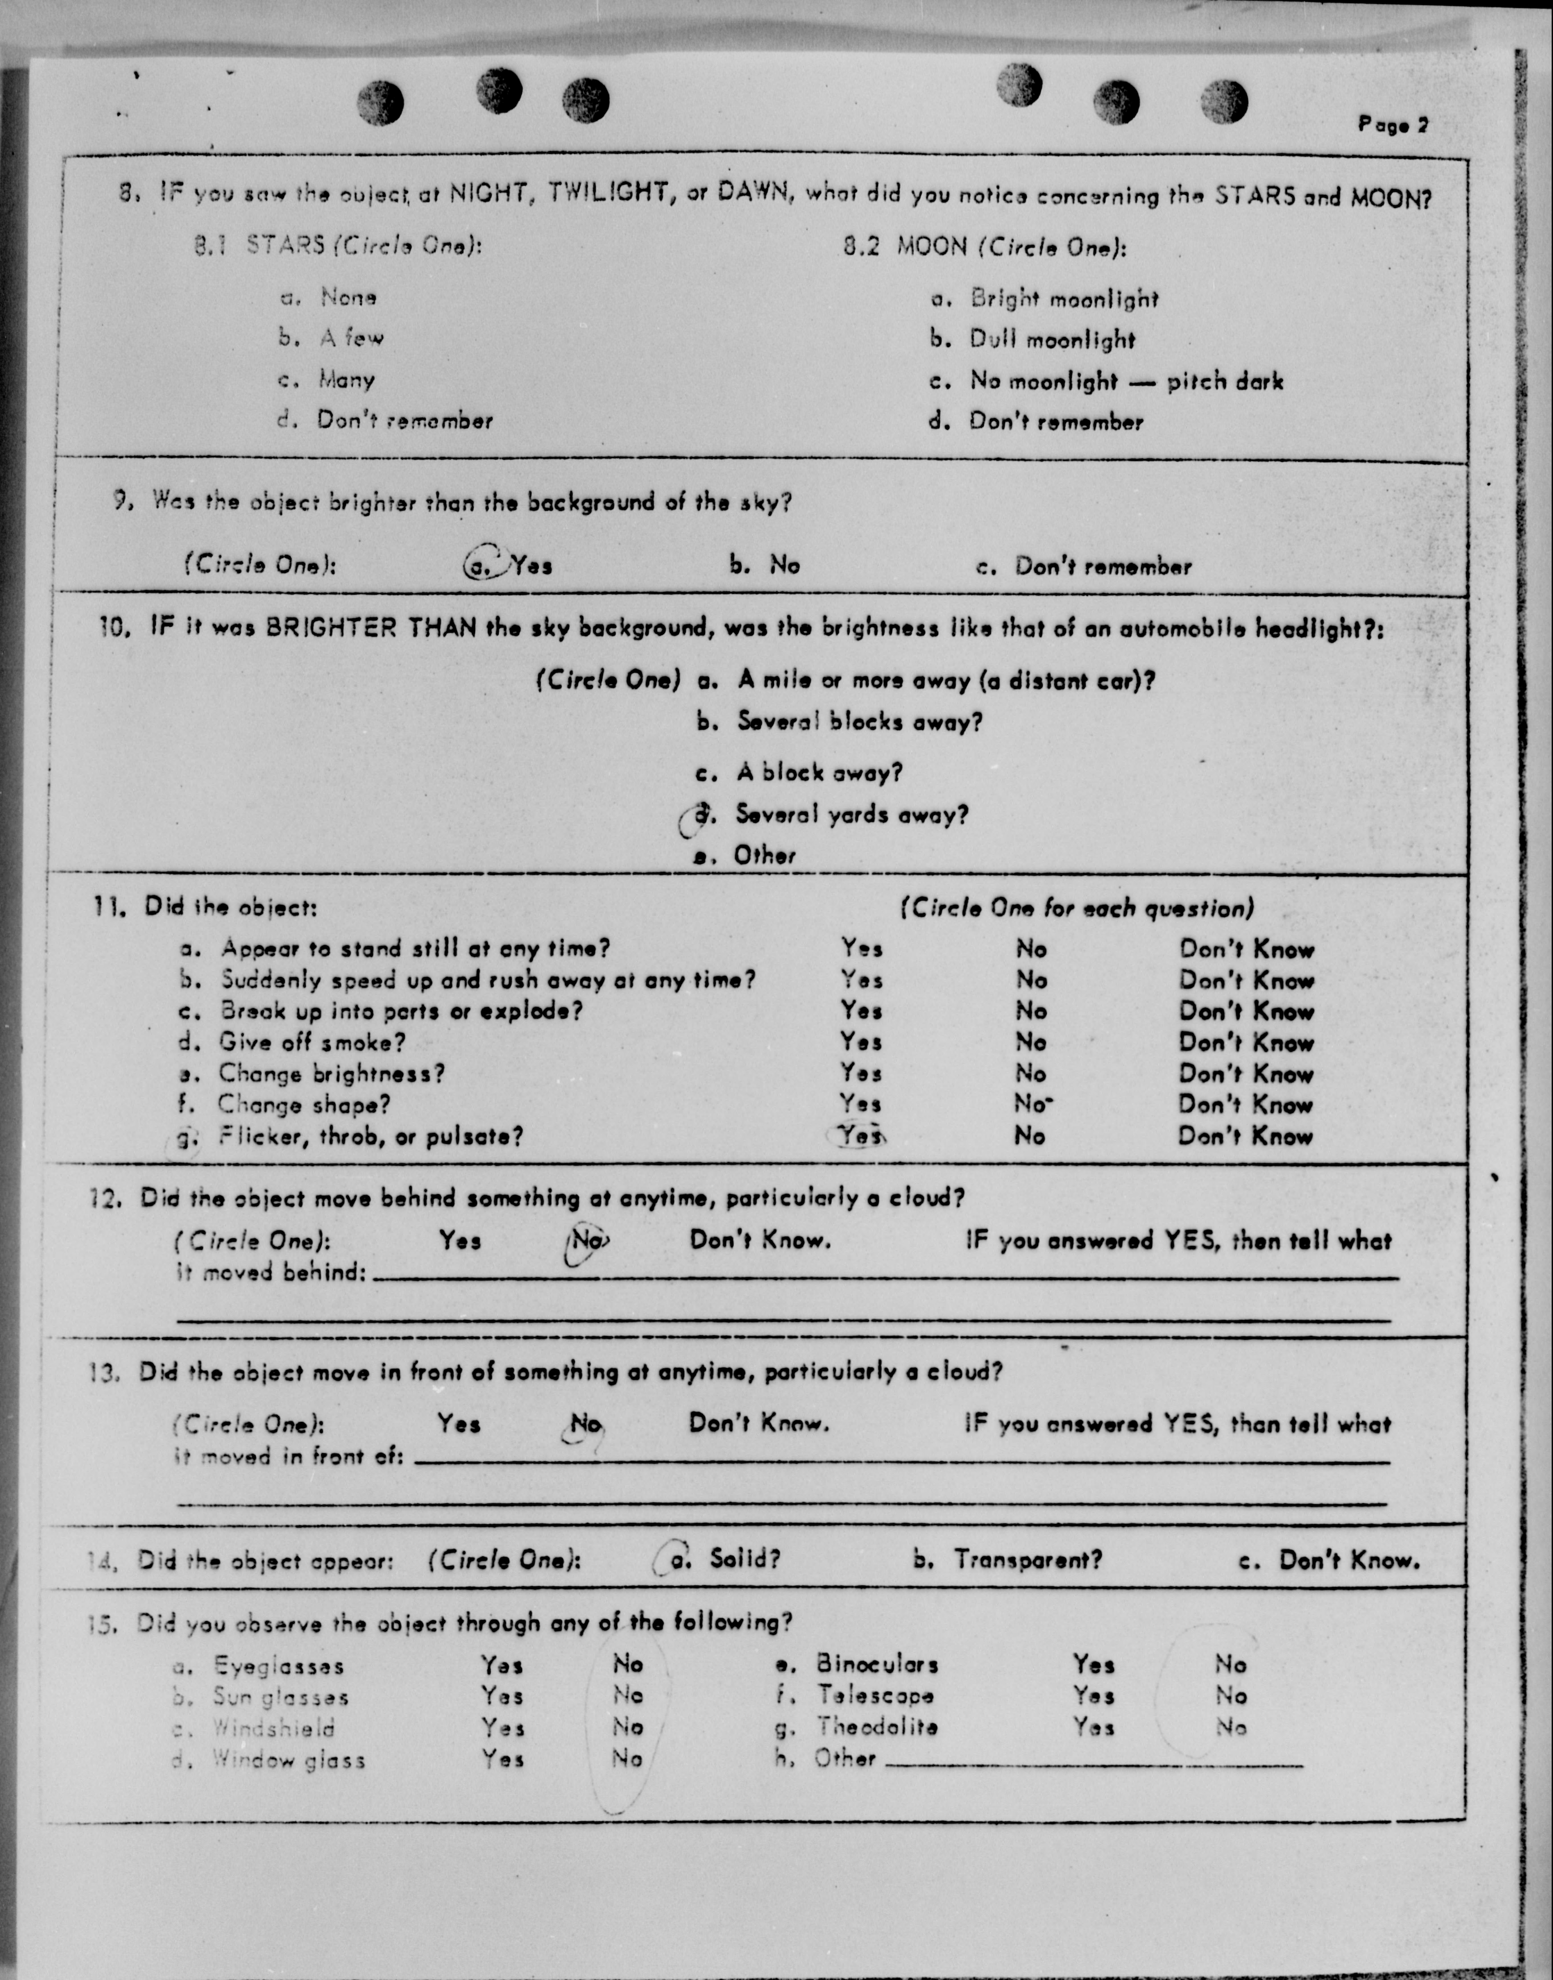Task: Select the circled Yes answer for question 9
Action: (509, 566)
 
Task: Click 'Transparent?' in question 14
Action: (1027, 1560)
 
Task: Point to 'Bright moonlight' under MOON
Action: (1064, 299)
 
